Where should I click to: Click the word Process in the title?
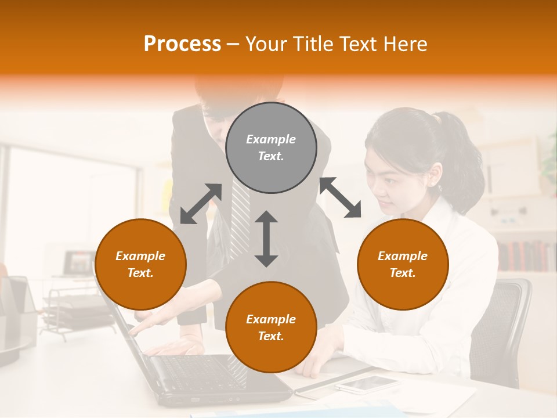[182, 44]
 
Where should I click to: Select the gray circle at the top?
[271, 147]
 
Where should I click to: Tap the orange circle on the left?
[140, 264]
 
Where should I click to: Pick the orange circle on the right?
[403, 264]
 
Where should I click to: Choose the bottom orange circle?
[271, 327]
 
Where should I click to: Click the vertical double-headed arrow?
[266, 239]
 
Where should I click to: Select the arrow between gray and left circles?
[201, 204]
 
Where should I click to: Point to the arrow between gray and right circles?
[341, 197]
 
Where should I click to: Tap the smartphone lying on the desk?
[367, 384]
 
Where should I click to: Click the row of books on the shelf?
[525, 256]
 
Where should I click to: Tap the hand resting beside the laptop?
[174, 347]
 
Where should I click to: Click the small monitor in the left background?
[79, 263]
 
